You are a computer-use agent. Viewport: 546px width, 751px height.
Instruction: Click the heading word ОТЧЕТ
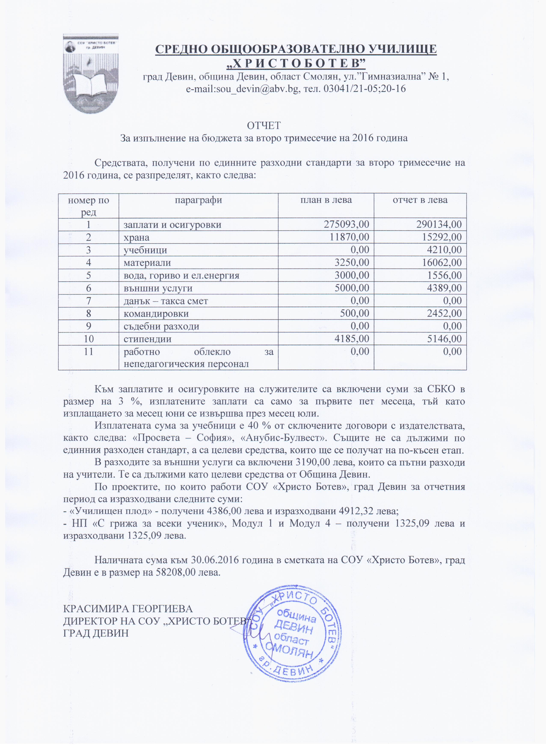coord(264,126)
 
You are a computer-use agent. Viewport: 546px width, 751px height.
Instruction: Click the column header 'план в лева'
coord(326,200)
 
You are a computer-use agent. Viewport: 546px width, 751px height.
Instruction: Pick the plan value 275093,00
coord(346,224)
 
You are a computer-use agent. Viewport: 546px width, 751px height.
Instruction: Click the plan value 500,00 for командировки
coord(354,313)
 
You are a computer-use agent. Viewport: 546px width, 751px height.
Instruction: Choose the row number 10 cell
coord(88,339)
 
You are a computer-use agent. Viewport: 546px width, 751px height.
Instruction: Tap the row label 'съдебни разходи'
coord(161,326)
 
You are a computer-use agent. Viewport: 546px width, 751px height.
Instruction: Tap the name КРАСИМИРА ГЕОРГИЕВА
coord(128,609)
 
